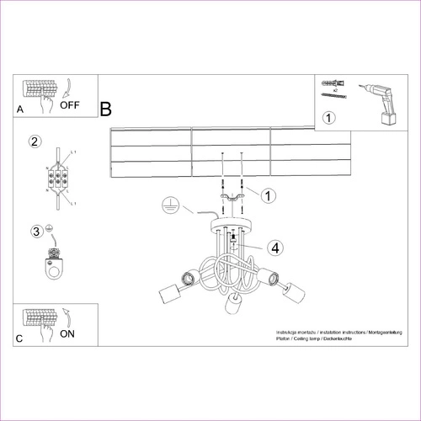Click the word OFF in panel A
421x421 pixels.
point(71,106)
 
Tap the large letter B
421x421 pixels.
point(106,109)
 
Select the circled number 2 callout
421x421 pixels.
point(35,141)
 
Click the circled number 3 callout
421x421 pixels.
point(36,232)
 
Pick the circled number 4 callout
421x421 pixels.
point(274,247)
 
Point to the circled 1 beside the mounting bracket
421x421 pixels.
point(268,195)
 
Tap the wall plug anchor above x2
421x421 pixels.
point(329,84)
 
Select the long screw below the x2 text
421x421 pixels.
point(332,99)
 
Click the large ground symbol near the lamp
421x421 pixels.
point(168,203)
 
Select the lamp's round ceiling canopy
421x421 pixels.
point(231,226)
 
